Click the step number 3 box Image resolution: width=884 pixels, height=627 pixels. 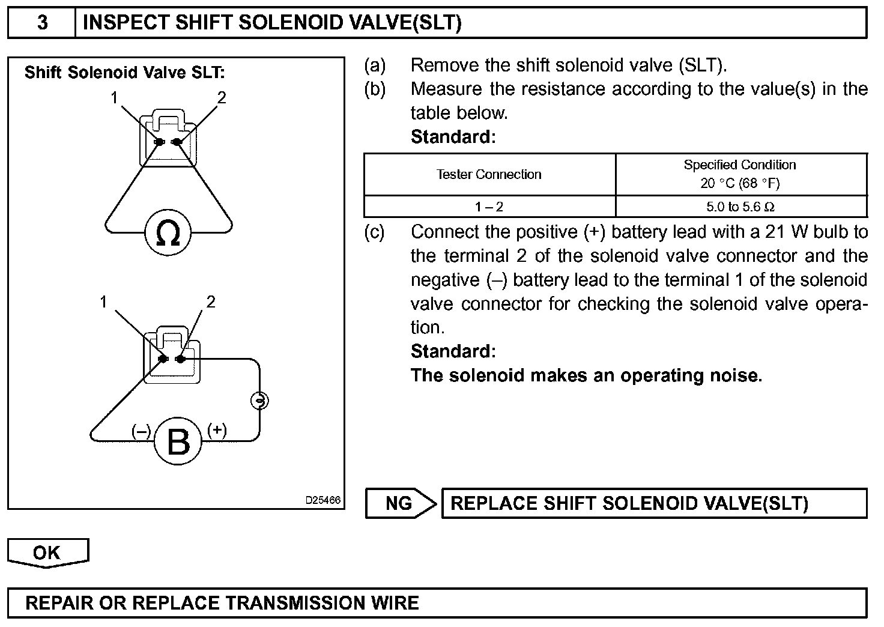coord(42,23)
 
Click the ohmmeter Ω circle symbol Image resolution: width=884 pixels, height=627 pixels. coord(168,232)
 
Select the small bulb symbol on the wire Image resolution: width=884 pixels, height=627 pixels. coord(259,400)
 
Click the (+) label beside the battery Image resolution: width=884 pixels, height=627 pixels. coord(217,430)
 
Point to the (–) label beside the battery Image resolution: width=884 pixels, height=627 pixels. coord(142,431)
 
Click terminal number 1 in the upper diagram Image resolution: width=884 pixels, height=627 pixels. coord(114,97)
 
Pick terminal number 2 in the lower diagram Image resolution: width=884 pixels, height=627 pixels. coord(210,302)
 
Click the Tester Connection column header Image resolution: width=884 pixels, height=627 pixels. coord(489,174)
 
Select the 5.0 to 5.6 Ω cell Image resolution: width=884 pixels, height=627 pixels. coord(740,207)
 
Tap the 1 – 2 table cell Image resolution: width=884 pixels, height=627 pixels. coord(489,207)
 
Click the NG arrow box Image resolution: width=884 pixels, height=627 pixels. coord(400,503)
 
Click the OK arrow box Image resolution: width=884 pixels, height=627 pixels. coord(47,552)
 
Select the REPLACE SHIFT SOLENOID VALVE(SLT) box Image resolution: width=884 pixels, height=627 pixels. coord(653,503)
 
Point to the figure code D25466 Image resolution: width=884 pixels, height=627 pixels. coord(323,500)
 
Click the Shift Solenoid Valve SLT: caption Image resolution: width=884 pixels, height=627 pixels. coord(124,73)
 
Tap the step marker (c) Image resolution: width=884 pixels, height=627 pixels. coord(374,232)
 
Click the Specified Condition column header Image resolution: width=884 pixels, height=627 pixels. coord(740,174)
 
